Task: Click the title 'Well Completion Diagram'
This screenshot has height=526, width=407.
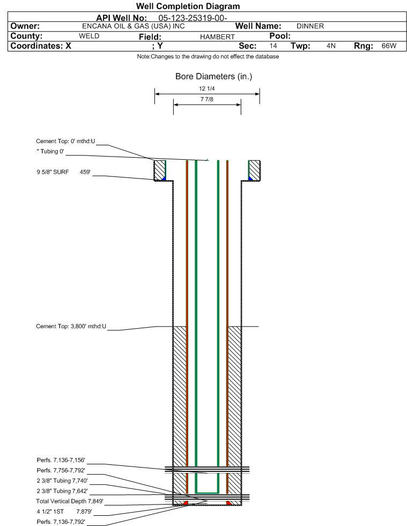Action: pyautogui.click(x=188, y=6)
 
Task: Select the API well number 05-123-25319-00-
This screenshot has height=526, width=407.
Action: pyautogui.click(x=193, y=18)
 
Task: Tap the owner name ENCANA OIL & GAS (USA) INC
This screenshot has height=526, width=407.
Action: pyautogui.click(x=133, y=26)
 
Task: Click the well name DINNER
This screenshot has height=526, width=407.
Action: pyautogui.click(x=310, y=26)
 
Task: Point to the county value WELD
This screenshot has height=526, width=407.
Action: pyautogui.click(x=89, y=36)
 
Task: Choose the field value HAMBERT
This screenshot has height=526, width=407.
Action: pyautogui.click(x=217, y=36)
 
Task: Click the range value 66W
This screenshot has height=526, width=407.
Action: pyautogui.click(x=389, y=46)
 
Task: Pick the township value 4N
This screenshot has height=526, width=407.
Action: pyautogui.click(x=331, y=46)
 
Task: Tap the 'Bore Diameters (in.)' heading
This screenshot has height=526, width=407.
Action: pyautogui.click(x=213, y=77)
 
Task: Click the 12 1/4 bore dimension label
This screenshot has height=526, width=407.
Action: pyautogui.click(x=206, y=88)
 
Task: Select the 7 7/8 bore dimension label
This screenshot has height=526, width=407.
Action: pyautogui.click(x=206, y=99)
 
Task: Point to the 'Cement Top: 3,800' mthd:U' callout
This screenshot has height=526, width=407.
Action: pyautogui.click(x=71, y=326)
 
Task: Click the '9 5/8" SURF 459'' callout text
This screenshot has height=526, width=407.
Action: pyautogui.click(x=63, y=172)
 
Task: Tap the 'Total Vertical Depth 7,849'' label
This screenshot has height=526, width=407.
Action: pyautogui.click(x=70, y=501)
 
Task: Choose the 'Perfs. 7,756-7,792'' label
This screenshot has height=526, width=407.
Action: pyautogui.click(x=61, y=470)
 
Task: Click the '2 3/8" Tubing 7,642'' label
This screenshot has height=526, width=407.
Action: pyautogui.click(x=62, y=491)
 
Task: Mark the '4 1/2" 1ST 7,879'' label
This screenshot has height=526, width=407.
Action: pyautogui.click(x=64, y=512)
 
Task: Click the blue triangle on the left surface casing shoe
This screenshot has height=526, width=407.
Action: pyautogui.click(x=164, y=179)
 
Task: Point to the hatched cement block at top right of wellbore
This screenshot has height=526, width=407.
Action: pyautogui.click(x=254, y=171)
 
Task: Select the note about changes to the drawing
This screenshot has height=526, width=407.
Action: pyautogui.click(x=208, y=56)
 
